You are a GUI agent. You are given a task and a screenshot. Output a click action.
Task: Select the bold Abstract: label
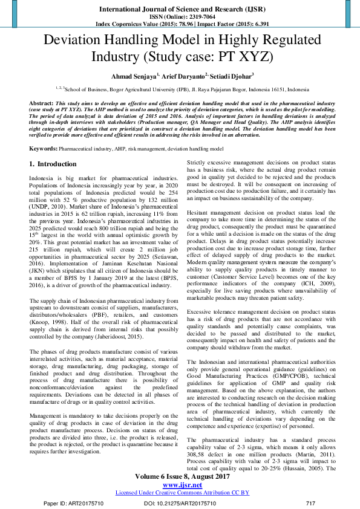tap(41, 104)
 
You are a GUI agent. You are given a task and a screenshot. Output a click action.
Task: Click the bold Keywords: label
tap(44, 148)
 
